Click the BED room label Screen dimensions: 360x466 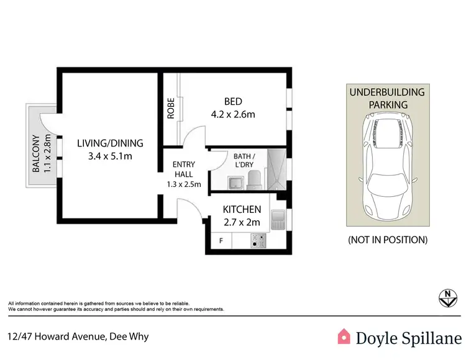coord(233,102)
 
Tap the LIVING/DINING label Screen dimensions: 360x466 coord(110,143)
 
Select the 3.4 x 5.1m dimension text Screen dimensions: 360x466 coord(110,156)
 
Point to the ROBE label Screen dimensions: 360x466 coord(170,109)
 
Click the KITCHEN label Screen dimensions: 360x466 coord(242,209)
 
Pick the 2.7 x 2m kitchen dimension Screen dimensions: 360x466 coord(242,222)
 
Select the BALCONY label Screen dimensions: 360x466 coord(36,153)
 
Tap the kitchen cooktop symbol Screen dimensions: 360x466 coord(258,240)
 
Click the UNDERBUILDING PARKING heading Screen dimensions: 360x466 coord(387,99)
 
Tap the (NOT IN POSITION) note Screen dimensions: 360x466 coord(387,239)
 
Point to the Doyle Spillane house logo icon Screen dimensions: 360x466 coord(344,337)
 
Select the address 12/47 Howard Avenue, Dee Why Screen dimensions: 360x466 coord(78,337)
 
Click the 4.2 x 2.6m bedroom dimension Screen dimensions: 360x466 coord(233,114)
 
